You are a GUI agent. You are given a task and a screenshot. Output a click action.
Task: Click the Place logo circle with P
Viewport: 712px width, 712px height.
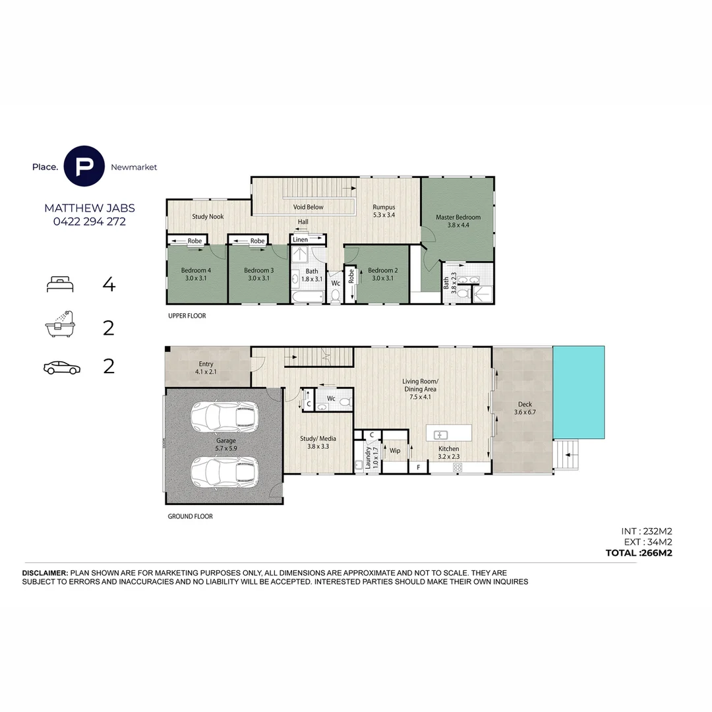(x=84, y=167)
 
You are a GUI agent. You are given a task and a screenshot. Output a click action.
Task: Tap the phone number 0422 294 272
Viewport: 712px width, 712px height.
(x=89, y=222)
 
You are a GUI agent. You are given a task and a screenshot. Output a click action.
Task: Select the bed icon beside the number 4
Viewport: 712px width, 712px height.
(x=60, y=285)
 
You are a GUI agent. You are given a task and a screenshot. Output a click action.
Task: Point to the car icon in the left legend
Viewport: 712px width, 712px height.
(x=61, y=367)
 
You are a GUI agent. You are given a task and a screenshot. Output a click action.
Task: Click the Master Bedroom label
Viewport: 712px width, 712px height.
(x=458, y=217)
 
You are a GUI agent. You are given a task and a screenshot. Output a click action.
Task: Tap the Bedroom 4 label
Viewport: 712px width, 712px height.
(x=196, y=270)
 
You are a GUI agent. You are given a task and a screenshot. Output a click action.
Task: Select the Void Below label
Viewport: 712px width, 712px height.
(x=308, y=207)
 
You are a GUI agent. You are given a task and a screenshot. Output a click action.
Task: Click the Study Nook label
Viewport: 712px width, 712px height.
(x=208, y=216)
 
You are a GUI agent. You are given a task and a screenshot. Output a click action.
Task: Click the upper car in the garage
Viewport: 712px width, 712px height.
(x=223, y=417)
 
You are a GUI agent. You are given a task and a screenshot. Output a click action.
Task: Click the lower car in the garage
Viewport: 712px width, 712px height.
(x=223, y=471)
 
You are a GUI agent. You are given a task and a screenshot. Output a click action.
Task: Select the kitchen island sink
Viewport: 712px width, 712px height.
(x=440, y=434)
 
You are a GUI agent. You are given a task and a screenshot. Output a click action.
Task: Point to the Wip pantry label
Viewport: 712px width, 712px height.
(x=395, y=451)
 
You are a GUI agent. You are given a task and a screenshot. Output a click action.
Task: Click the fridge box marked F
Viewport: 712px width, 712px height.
(x=417, y=467)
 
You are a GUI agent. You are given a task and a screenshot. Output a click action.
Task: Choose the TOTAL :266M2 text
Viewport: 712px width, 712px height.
(x=638, y=553)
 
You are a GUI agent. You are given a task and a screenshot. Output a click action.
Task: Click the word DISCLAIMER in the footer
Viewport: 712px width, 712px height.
(x=45, y=574)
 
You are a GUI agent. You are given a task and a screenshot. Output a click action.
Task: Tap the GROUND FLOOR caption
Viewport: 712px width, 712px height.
(x=190, y=517)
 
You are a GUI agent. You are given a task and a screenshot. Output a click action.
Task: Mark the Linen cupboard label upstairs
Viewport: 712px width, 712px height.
(x=301, y=239)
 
